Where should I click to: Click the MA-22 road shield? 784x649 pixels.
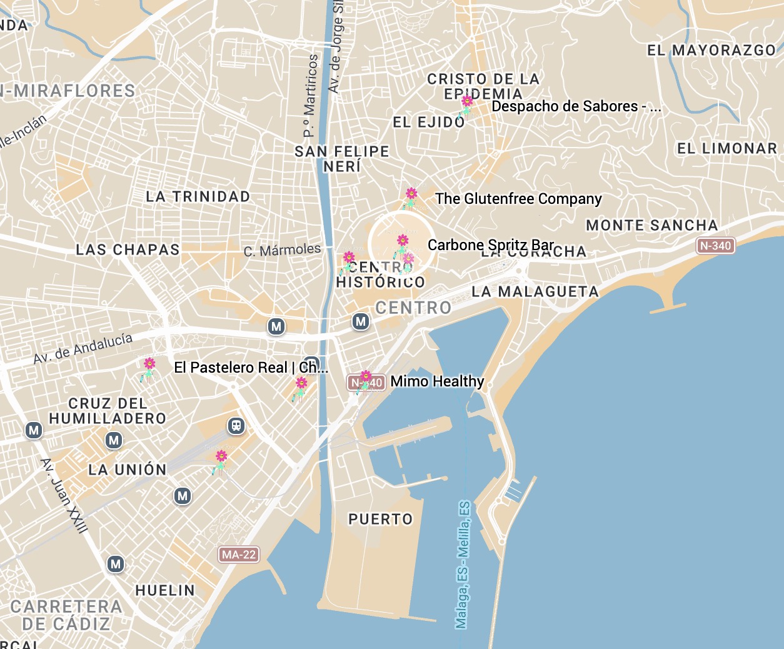click(x=239, y=555)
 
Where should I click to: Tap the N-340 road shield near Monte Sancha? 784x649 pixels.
click(x=715, y=246)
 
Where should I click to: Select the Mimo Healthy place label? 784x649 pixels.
click(x=437, y=381)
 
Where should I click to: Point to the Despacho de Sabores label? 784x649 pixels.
click(x=575, y=106)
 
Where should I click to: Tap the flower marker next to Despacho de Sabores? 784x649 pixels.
click(x=466, y=104)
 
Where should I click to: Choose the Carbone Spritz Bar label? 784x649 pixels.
click(x=490, y=244)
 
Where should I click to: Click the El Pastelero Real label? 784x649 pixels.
click(x=250, y=368)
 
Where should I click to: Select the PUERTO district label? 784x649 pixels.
click(x=380, y=519)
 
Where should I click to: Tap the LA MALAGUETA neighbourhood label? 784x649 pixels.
click(x=535, y=291)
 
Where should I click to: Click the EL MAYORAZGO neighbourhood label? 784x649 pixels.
click(x=711, y=50)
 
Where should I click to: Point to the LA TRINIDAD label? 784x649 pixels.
click(x=198, y=196)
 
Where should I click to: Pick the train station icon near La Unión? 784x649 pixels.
click(x=236, y=426)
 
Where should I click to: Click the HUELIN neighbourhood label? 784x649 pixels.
click(x=165, y=590)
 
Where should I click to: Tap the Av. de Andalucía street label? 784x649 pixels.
click(x=83, y=349)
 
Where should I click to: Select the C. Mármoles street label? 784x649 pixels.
click(x=282, y=250)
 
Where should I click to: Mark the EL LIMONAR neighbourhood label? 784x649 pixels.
click(x=726, y=148)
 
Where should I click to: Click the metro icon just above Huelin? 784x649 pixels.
click(x=116, y=564)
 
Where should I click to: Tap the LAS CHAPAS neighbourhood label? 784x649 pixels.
click(x=128, y=249)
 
